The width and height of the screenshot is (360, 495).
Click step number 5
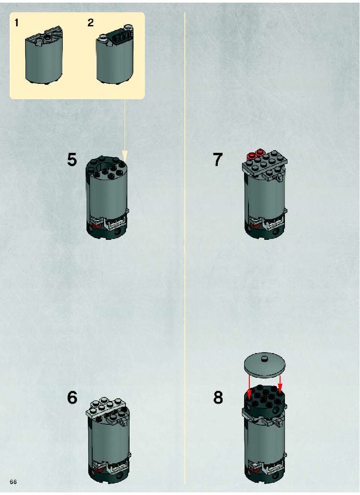click(x=72, y=159)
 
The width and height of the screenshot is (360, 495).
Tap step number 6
click(x=72, y=397)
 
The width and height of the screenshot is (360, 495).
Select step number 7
click(x=218, y=159)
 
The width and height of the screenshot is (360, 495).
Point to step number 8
click(x=218, y=397)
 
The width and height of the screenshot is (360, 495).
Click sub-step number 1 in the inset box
click(x=17, y=23)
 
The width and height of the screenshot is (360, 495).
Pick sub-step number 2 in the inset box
click(x=90, y=23)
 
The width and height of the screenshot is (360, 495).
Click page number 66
click(x=13, y=482)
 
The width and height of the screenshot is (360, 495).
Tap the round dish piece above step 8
click(x=265, y=365)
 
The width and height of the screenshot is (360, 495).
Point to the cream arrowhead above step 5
click(x=125, y=155)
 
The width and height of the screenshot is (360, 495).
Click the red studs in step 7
click(x=256, y=154)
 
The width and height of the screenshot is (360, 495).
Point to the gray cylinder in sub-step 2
click(x=115, y=61)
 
